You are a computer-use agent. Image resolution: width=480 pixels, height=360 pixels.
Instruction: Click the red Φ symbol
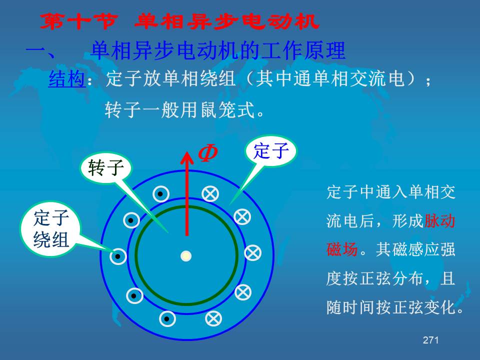208,153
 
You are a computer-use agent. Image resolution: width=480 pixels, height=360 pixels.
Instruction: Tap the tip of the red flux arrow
186,151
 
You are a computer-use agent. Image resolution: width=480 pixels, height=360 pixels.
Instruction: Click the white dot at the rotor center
186,256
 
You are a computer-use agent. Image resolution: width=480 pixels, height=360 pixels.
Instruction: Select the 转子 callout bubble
106,168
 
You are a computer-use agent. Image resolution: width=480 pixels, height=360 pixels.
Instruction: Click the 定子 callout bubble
271,151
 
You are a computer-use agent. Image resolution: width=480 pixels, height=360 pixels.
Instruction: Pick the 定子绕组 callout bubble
51,228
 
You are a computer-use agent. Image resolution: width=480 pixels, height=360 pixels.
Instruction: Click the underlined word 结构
66,78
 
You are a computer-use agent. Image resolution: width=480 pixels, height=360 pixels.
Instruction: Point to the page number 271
430,340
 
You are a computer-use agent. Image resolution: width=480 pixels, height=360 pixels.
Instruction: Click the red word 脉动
439,220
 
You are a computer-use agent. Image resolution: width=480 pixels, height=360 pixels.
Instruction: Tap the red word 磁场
342,249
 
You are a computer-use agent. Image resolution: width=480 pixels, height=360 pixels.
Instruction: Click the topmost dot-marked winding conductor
160,194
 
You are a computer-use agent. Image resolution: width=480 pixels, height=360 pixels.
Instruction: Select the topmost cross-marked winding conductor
210,194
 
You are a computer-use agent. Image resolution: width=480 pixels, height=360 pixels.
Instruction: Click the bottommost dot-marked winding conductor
167,319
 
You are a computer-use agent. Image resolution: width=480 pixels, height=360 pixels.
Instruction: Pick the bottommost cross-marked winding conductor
213,318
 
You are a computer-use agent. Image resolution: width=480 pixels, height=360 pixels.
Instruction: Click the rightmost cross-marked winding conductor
253,253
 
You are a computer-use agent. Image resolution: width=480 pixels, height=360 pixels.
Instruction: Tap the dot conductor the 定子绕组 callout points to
118,256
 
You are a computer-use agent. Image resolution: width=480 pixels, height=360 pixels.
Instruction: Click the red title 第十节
78,21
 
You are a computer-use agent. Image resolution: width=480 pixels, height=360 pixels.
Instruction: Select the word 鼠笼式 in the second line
227,109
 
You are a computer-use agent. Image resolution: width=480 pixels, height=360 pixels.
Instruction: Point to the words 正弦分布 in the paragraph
392,278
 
